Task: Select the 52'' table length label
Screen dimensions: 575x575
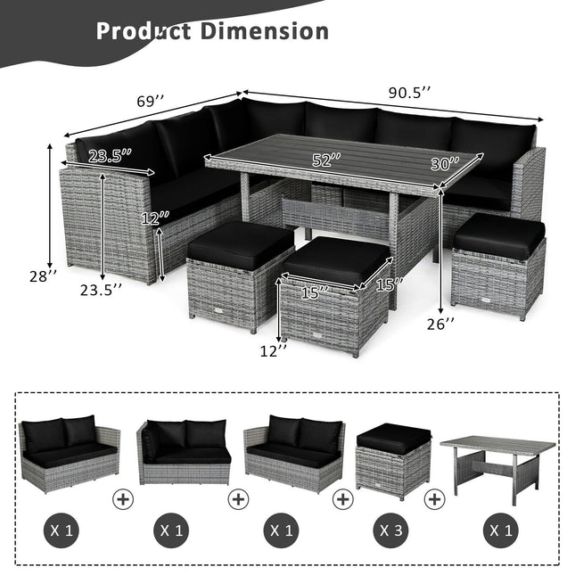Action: pos(327,160)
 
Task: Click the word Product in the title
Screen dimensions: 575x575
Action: pos(144,31)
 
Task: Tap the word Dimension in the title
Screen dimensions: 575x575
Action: pos(265,31)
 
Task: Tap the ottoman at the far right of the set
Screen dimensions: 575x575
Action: pos(497,264)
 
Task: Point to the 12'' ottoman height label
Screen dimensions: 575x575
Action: pos(275,350)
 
